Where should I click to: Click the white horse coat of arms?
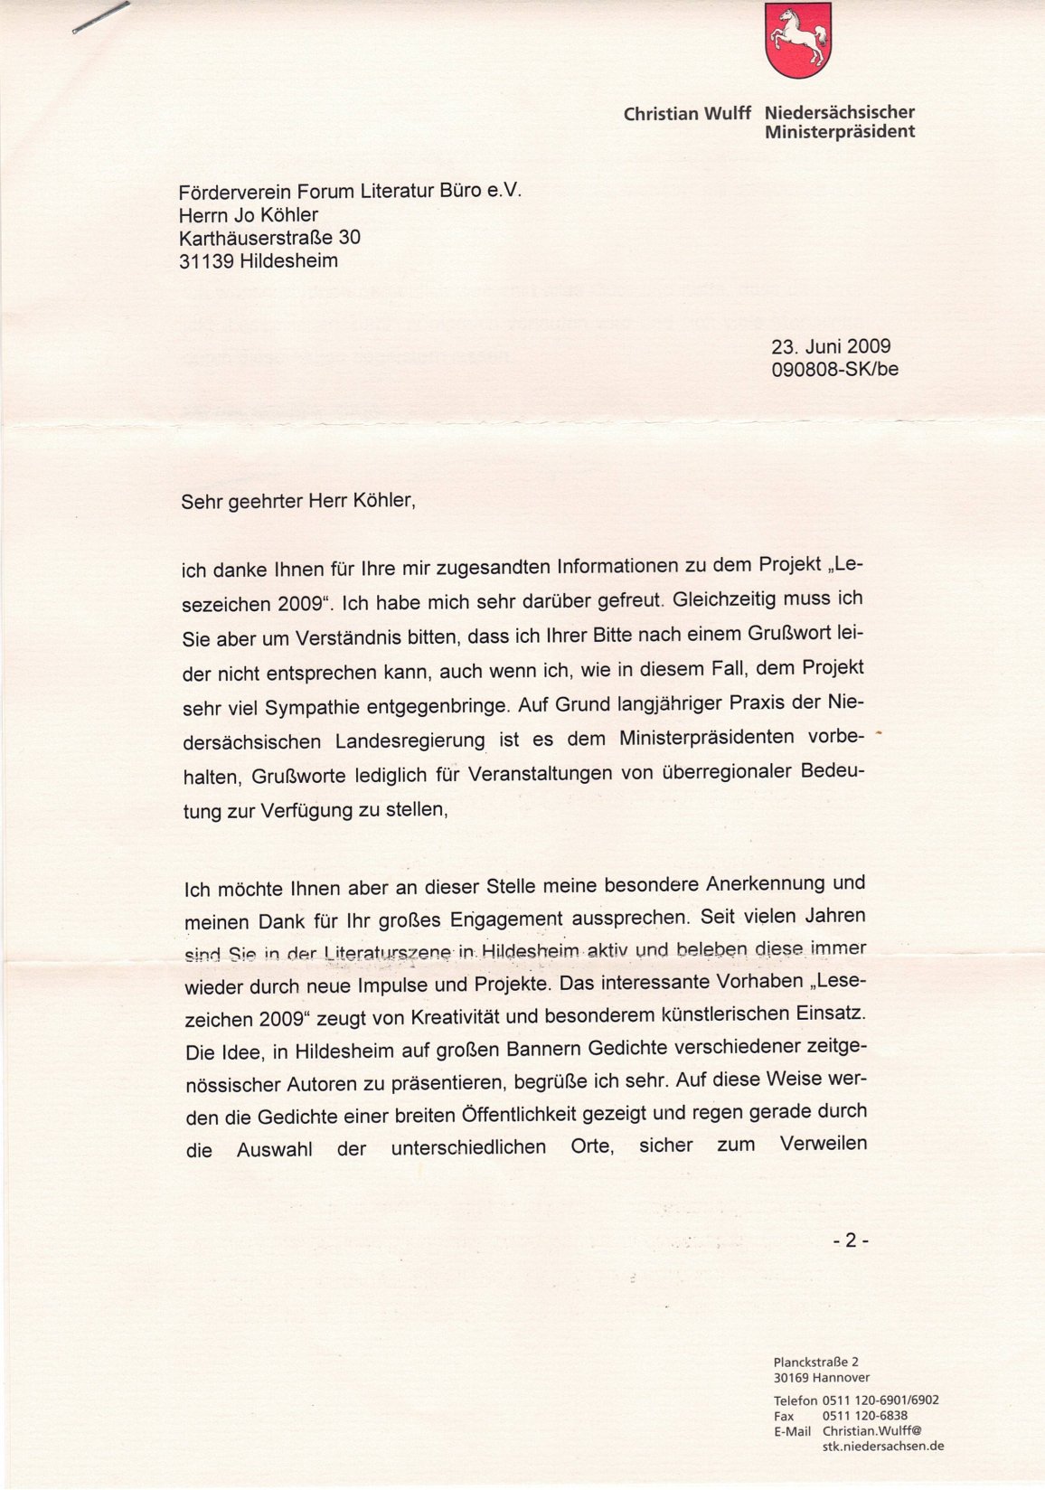(x=798, y=39)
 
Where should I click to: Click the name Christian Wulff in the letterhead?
(x=687, y=114)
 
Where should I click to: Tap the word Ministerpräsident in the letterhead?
(x=839, y=132)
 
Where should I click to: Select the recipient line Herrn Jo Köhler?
(x=249, y=215)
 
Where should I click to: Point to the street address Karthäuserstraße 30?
(x=269, y=238)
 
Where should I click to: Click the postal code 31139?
(x=207, y=261)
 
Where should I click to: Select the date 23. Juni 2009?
(x=831, y=346)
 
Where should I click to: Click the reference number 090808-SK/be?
(x=834, y=369)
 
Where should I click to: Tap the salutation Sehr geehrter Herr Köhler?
(x=298, y=501)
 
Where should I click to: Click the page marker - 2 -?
(x=850, y=1240)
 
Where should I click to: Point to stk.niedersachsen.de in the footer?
(x=882, y=1446)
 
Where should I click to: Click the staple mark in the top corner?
(x=100, y=18)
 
